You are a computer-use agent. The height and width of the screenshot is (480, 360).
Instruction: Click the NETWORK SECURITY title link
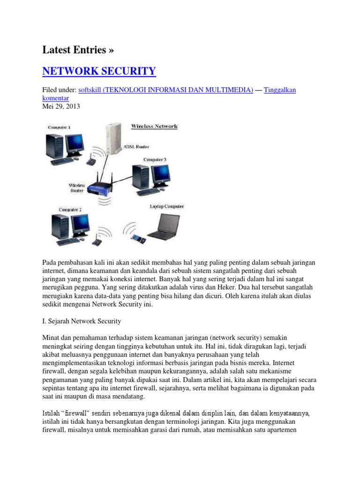(99, 71)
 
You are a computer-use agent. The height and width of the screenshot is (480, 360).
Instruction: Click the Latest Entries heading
(78, 50)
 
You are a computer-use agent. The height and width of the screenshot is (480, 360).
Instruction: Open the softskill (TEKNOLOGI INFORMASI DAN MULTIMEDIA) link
(165, 90)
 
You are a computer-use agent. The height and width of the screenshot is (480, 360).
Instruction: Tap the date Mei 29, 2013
(61, 106)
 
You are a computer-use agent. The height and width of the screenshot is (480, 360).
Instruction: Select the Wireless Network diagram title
(154, 126)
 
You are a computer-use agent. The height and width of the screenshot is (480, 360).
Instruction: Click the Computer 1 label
(59, 127)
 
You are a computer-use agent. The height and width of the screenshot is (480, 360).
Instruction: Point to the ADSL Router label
(136, 147)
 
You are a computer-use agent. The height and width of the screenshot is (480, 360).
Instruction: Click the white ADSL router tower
(113, 139)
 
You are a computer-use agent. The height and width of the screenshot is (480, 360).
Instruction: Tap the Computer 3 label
(155, 159)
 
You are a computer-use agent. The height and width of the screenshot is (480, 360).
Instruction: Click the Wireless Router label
(77, 187)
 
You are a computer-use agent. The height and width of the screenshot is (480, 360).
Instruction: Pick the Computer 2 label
(70, 210)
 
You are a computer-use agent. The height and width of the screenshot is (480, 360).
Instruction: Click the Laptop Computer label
(167, 206)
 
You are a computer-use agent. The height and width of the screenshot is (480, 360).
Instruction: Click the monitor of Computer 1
(75, 144)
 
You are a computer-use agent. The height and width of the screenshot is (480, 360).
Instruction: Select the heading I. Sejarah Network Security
(82, 321)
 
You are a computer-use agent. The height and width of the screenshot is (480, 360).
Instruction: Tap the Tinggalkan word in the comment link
(280, 90)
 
